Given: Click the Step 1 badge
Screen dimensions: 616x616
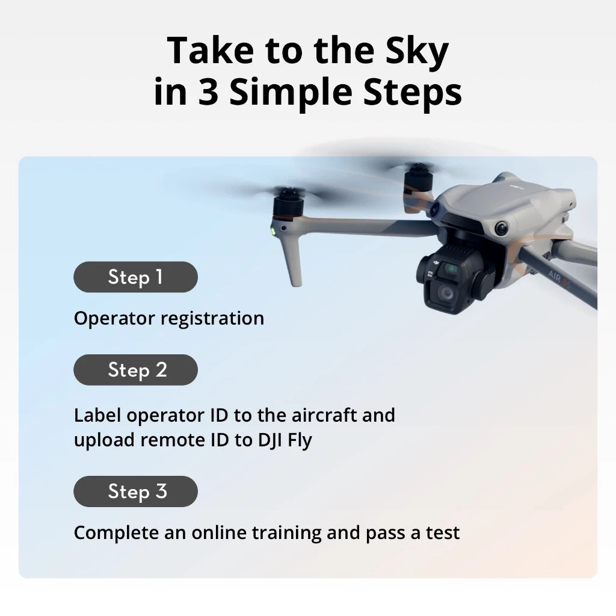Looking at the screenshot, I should click(x=135, y=277).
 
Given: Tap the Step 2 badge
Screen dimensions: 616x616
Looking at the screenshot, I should click(x=135, y=370).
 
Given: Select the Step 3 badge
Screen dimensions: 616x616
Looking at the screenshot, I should click(x=135, y=491).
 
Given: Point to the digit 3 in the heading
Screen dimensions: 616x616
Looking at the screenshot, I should click(x=208, y=93).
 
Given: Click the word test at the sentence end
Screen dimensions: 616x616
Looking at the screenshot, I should click(x=443, y=533).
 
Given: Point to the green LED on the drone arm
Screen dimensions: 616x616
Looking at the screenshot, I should click(x=272, y=230).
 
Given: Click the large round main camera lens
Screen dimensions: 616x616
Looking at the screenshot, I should click(x=446, y=293).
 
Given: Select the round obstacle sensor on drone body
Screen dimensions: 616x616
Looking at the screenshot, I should click(x=501, y=228).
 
